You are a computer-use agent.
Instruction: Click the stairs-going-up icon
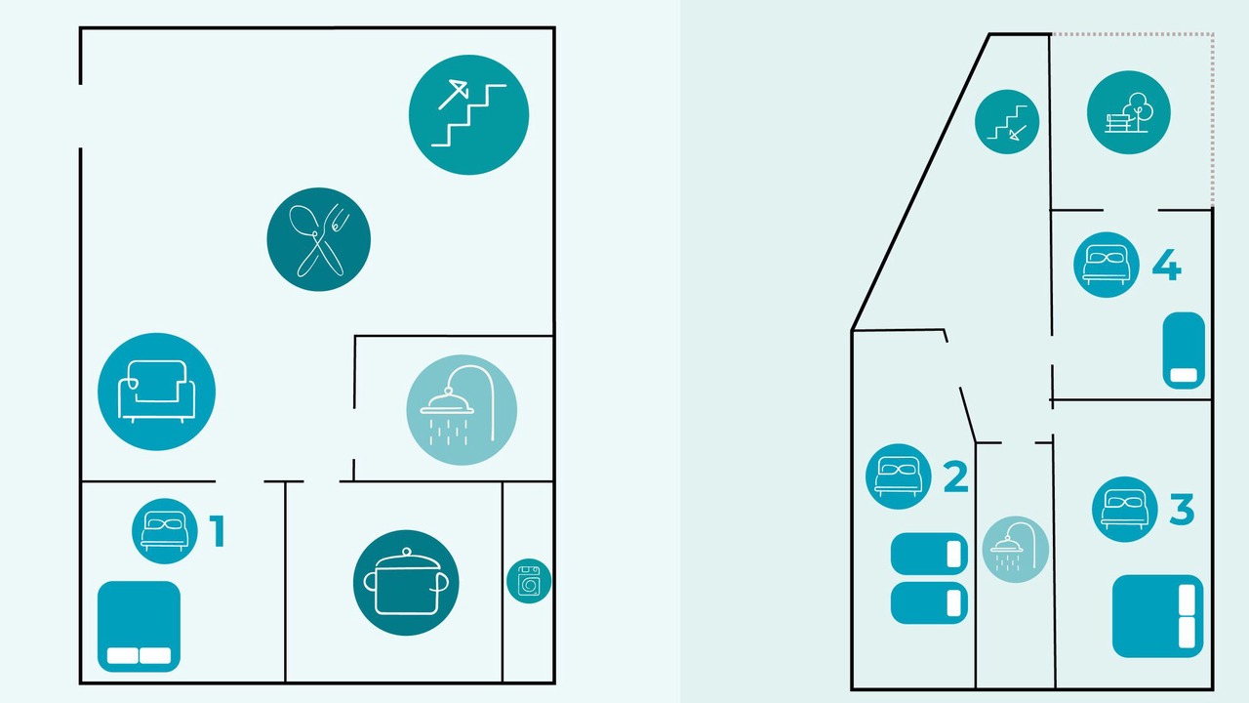pos(469,115)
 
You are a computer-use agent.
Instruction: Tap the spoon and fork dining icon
pos(318,239)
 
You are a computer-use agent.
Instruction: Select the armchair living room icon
pos(157,392)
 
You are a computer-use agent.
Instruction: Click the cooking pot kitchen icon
pos(406,583)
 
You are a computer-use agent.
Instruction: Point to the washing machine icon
pos(529,581)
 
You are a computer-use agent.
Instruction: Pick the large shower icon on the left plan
pos(462,410)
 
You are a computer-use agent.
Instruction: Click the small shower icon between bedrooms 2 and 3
pos(1016,550)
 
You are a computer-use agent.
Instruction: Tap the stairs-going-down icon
pos(1007,122)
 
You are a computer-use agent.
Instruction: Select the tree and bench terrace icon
pos(1129,112)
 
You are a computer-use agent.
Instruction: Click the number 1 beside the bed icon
pos(217,531)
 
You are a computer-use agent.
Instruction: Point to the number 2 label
pos(955,476)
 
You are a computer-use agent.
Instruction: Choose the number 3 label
pos(1182,509)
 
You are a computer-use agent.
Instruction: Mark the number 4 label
pos(1167,265)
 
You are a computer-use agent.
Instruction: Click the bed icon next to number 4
pos(1107,265)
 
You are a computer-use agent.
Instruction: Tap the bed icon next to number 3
pos(1125,510)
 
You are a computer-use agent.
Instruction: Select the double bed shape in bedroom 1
pos(139,626)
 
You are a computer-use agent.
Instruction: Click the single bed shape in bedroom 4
pos(1184,351)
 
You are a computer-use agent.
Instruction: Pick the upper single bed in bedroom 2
pos(929,554)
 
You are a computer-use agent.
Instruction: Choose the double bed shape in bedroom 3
pos(1157,616)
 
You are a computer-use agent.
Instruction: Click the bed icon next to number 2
pos(899,476)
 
